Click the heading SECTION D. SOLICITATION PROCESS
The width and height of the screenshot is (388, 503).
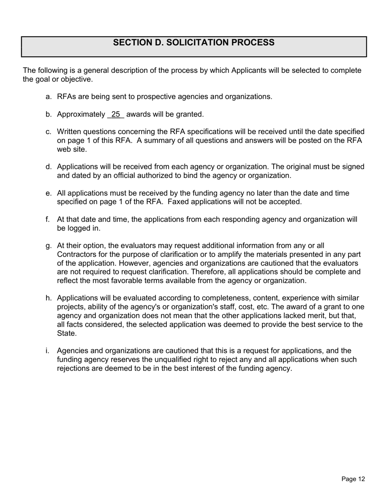194,43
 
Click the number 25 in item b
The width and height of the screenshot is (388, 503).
116,115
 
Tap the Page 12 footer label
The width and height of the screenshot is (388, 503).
353,479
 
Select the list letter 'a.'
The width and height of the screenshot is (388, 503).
49,97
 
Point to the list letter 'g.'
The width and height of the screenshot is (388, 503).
49,246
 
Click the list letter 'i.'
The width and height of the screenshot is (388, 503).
48,351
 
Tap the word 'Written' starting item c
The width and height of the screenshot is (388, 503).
69,132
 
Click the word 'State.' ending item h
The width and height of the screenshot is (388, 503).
67,333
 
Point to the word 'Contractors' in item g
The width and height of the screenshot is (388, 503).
76,254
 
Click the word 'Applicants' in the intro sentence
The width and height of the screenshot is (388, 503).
249,70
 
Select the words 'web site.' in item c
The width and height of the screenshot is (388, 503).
71,150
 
